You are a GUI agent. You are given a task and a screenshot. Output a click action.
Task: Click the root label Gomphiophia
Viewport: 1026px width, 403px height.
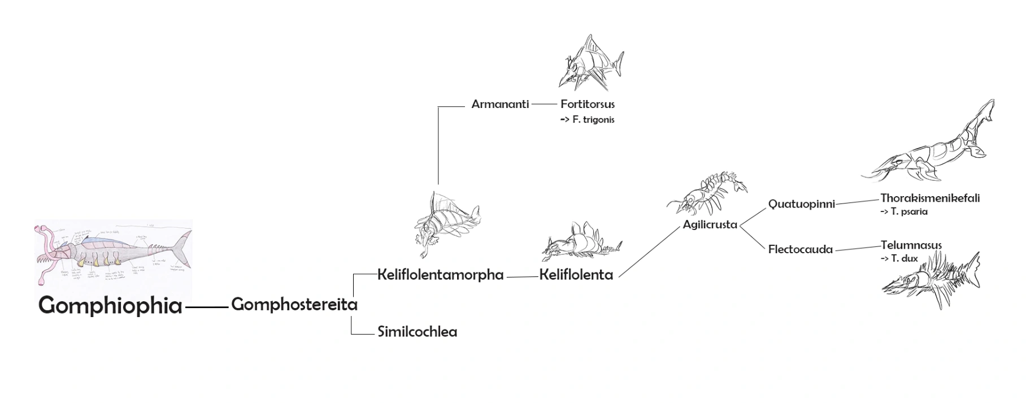pyautogui.click(x=110, y=306)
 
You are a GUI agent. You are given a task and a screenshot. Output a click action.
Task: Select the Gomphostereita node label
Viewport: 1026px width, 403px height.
pyautogui.click(x=294, y=305)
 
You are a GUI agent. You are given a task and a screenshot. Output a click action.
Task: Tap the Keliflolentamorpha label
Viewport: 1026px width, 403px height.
pyautogui.click(x=440, y=275)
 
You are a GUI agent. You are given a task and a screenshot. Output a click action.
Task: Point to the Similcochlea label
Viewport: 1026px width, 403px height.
pyautogui.click(x=417, y=332)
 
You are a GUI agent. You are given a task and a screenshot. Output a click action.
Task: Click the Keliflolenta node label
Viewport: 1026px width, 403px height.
pyautogui.click(x=576, y=275)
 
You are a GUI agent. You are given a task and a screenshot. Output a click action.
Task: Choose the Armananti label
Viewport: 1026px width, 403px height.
pyautogui.click(x=500, y=104)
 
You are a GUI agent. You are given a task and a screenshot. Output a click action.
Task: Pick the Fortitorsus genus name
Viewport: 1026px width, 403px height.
pyautogui.click(x=588, y=104)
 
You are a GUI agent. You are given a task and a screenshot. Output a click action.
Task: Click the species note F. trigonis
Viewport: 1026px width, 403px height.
pyautogui.click(x=588, y=120)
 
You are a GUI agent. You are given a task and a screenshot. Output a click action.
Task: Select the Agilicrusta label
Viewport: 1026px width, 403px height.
pyautogui.click(x=710, y=224)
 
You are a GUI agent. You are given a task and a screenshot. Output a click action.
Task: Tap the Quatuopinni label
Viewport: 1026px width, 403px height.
pyautogui.click(x=801, y=204)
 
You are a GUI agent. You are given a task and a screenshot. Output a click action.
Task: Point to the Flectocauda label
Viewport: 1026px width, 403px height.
pyautogui.click(x=800, y=249)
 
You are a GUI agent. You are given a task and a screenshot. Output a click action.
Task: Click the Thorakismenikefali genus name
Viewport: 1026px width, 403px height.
pyautogui.click(x=930, y=198)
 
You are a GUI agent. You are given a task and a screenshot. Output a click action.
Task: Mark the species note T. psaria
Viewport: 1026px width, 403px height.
pyautogui.click(x=904, y=212)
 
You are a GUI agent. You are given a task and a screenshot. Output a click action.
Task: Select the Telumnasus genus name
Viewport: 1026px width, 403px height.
pyautogui.click(x=911, y=245)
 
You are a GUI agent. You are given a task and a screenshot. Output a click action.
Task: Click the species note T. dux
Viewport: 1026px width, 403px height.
pyautogui.click(x=899, y=259)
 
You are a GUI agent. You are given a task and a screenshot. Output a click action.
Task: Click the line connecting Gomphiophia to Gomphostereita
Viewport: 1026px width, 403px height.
pyautogui.click(x=207, y=306)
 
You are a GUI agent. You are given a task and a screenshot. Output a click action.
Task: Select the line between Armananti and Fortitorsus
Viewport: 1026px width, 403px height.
pyautogui.click(x=544, y=104)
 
